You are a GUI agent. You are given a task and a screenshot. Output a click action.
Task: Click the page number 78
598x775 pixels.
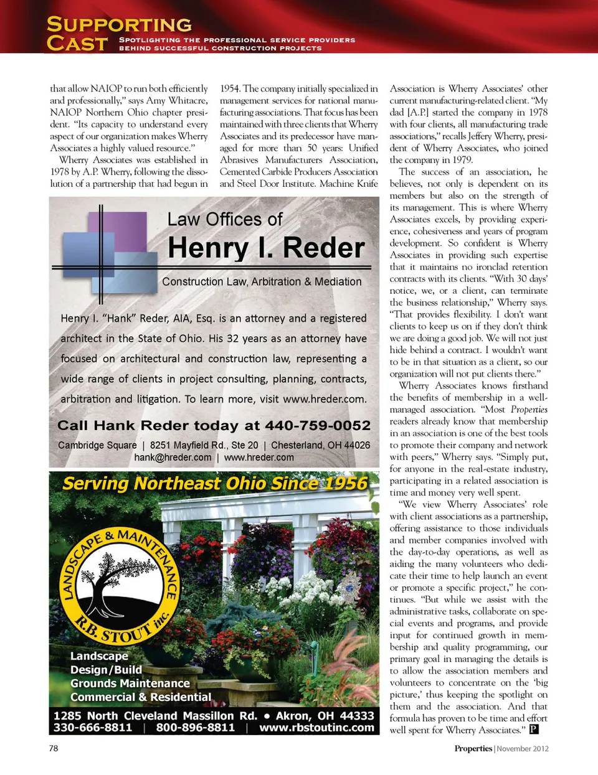54,748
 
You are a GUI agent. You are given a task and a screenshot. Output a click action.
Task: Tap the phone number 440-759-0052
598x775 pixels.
318,426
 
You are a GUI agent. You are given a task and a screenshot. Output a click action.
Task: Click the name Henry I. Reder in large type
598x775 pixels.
266,248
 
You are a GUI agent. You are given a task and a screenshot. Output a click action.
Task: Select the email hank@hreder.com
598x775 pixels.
173,458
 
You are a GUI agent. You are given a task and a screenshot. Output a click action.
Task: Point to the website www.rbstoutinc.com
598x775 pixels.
316,728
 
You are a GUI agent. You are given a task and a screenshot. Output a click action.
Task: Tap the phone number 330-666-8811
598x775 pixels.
93,728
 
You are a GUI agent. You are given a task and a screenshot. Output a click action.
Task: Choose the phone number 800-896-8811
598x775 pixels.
195,728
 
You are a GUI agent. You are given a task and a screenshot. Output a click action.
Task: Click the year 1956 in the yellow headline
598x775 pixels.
342,484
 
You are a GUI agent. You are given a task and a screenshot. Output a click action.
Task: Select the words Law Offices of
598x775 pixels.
225,220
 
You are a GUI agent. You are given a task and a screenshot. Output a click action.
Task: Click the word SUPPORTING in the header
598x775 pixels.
119,25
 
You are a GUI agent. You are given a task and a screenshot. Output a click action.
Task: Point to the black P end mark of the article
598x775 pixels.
533,730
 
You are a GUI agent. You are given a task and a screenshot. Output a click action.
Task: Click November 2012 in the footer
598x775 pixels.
523,749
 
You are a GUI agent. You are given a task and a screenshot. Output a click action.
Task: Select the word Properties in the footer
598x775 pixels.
473,749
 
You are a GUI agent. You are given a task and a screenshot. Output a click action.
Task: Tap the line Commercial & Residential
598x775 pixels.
140,697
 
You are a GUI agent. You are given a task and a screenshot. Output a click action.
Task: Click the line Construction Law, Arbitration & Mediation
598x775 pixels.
262,281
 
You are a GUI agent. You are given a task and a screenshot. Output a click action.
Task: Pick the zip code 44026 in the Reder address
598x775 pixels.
357,445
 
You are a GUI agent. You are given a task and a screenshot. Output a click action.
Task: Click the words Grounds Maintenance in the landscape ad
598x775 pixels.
130,683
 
